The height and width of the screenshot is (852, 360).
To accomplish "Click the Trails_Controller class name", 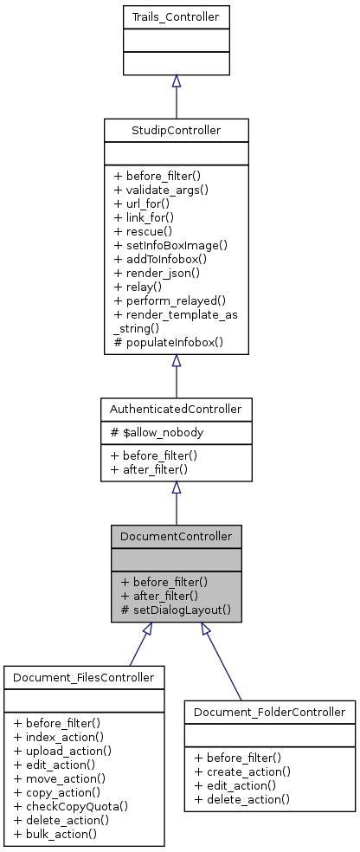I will pos(176,16).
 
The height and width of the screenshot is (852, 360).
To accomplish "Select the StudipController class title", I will pos(176,131).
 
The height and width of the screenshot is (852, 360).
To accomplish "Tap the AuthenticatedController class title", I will pos(176,407).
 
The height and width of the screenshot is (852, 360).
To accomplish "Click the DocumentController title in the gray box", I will pos(176,537).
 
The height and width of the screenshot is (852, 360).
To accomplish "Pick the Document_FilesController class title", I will pos(83,677).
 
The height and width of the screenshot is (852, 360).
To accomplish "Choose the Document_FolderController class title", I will pos(269,712).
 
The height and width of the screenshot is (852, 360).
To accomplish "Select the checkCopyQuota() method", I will pos(71,805).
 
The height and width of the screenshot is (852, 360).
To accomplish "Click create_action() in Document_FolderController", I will pos(242,771).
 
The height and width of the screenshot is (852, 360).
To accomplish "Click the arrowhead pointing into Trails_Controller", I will pos(176,81).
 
